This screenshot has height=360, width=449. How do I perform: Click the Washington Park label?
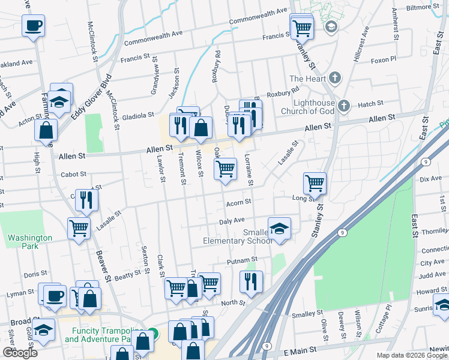[x=30, y=242]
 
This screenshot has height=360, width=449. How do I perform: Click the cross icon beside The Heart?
[x=335, y=79]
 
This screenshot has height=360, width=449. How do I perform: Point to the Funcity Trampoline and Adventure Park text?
[x=108, y=335]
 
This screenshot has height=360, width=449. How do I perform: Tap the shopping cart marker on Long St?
[x=315, y=182]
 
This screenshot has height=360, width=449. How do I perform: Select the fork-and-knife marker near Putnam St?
[x=251, y=281]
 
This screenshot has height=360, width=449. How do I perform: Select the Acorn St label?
[x=238, y=204]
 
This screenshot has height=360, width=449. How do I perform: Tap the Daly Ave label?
[x=232, y=221]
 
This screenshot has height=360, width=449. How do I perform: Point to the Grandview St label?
[x=155, y=83]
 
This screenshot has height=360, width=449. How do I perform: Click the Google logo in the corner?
[x=20, y=353]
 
